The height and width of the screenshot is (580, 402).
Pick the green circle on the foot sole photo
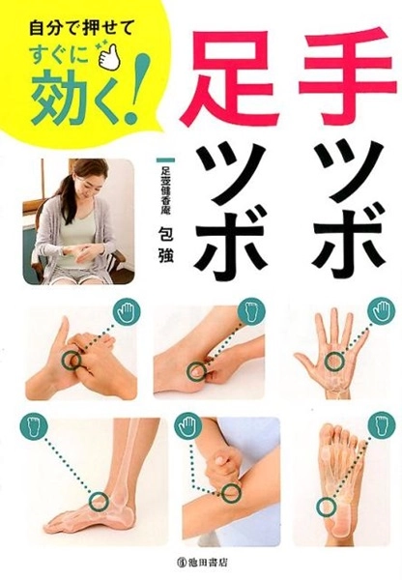click(327, 506)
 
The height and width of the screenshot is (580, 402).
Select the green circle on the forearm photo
click(230, 493)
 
